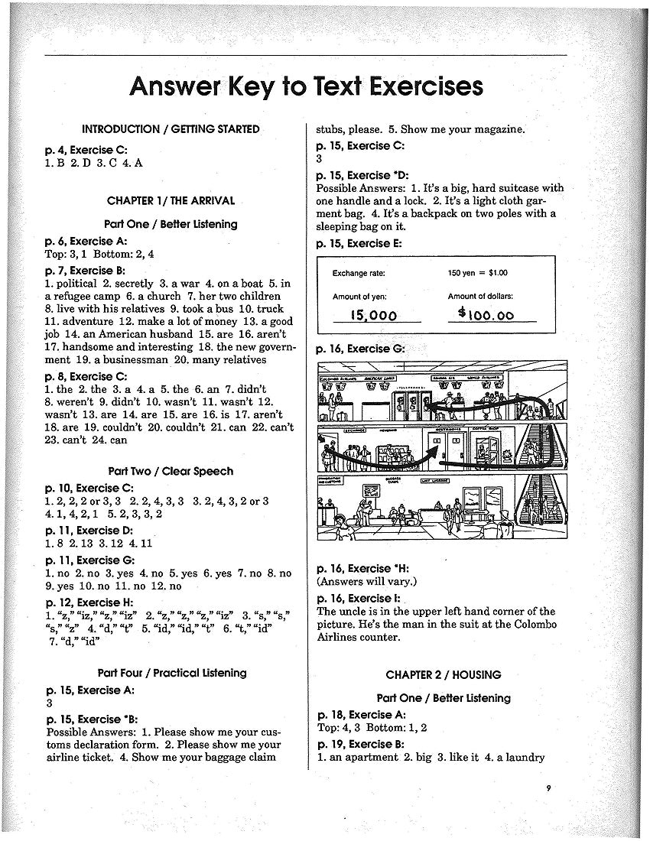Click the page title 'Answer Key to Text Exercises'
click(x=306, y=86)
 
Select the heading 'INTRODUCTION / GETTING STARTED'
click(x=171, y=129)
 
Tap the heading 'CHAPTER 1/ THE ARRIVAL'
click(x=171, y=201)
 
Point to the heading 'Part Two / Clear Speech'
click(x=171, y=471)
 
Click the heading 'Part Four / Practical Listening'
click(x=172, y=673)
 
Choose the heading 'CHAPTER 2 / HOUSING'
click(x=444, y=674)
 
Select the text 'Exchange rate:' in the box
click(x=359, y=273)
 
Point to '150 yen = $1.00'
click(x=478, y=273)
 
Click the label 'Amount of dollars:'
click(x=480, y=296)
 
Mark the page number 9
click(x=549, y=788)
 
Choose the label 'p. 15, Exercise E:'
click(x=359, y=244)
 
